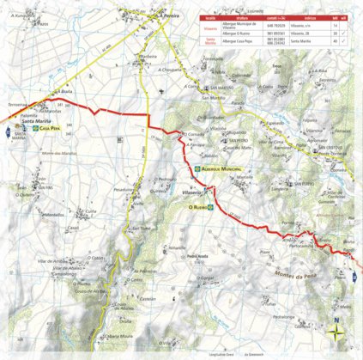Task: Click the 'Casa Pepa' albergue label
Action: click(51, 128)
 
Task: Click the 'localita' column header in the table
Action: click(206, 16)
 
